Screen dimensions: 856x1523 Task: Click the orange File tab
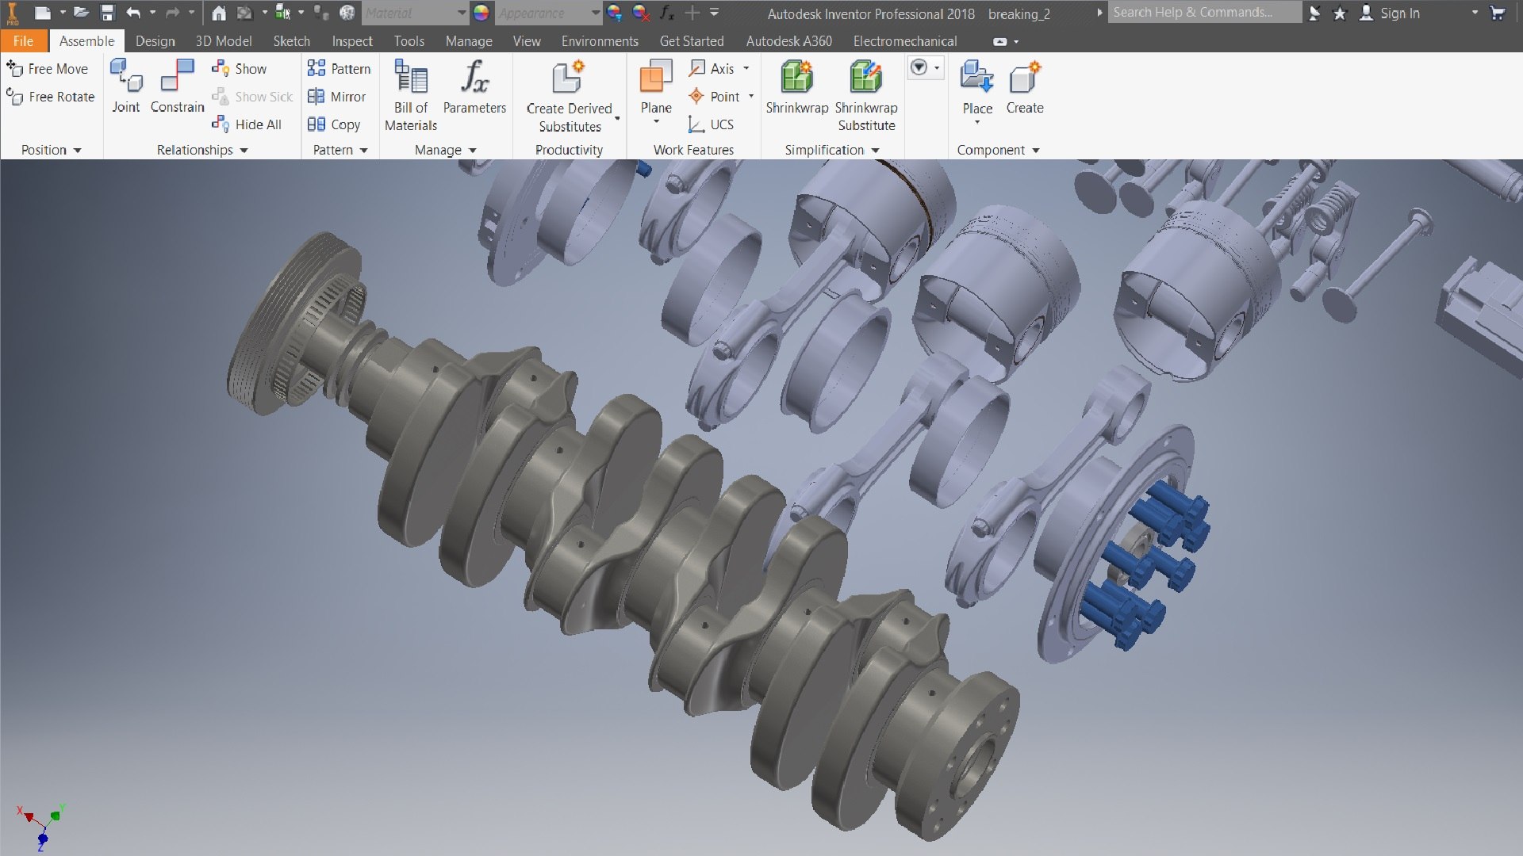(x=23, y=41)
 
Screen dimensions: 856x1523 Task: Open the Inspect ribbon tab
(x=351, y=41)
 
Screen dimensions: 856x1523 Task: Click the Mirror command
(x=338, y=97)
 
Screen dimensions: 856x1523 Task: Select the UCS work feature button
(x=712, y=124)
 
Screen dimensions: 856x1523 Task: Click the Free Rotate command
(x=51, y=97)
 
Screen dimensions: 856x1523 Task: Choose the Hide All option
(x=247, y=124)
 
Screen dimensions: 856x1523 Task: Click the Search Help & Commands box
(x=1203, y=13)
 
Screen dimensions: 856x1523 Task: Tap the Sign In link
(x=1399, y=13)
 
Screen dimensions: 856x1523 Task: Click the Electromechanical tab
(x=904, y=41)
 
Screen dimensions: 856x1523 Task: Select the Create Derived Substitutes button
(x=569, y=95)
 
